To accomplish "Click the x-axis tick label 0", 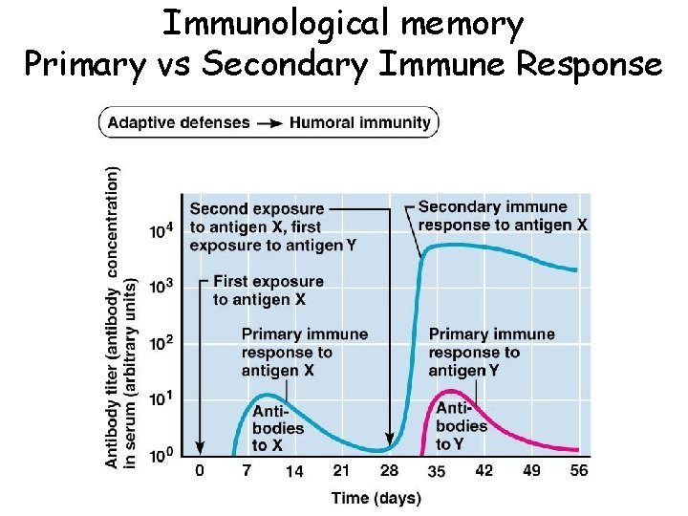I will click(x=200, y=471).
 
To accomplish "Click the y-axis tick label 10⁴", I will click(x=161, y=230).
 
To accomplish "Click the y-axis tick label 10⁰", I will click(x=161, y=453).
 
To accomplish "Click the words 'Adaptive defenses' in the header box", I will click(x=179, y=122).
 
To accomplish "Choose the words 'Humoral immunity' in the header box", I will click(x=359, y=122).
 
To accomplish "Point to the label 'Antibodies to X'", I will click(x=277, y=428).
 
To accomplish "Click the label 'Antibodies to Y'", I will click(x=461, y=426).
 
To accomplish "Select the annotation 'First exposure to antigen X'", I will click(x=268, y=290).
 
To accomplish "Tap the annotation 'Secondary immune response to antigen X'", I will click(x=502, y=216).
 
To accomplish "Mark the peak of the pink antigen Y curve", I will click(x=447, y=391).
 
